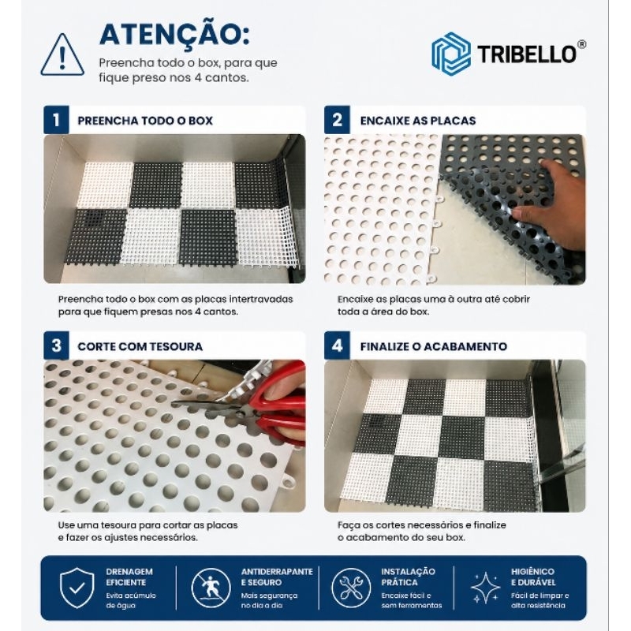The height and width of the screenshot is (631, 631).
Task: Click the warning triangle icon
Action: [62, 55]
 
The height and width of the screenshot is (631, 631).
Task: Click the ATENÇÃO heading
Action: [174, 35]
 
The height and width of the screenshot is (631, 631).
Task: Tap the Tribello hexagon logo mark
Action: [450, 54]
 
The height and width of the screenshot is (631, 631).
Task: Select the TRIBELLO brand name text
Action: [527, 54]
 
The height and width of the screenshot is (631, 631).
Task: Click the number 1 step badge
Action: [56, 120]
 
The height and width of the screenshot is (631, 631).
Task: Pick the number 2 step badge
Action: [337, 120]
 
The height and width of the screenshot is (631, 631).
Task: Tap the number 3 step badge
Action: [56, 345]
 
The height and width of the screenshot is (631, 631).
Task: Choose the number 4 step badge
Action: [337, 345]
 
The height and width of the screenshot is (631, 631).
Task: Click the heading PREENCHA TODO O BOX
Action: [145, 121]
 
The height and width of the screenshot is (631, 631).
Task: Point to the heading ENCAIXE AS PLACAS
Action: [418, 121]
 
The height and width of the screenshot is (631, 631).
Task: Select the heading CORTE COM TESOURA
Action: [140, 346]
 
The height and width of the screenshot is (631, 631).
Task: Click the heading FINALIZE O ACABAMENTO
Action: [433, 346]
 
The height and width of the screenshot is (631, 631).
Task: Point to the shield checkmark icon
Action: [77, 588]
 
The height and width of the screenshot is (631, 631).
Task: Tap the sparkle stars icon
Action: [485, 588]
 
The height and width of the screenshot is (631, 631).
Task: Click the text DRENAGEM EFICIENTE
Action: [129, 577]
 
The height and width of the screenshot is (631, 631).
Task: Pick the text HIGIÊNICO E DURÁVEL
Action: [533, 577]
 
